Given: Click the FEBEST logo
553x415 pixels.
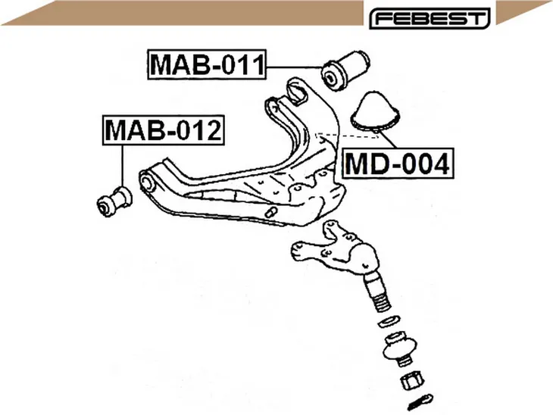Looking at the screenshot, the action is (430, 18).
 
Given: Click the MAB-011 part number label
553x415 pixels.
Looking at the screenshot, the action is (207, 64).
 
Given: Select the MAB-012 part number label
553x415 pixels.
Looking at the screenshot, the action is (164, 130).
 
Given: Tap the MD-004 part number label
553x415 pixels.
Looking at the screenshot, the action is (398, 164).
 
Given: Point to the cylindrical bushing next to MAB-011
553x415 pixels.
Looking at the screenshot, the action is (345, 70).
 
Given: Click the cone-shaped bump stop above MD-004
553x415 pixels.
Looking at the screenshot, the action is (376, 111).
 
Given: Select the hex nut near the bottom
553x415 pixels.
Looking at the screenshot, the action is (411, 380).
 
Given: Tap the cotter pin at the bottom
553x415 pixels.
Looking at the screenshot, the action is (420, 401).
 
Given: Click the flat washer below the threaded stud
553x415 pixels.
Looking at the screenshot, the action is (388, 321).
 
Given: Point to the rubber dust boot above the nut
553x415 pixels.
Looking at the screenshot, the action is (400, 348).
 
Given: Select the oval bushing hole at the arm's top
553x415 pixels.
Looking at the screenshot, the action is (297, 92).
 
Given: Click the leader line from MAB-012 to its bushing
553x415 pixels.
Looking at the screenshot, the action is (123, 165).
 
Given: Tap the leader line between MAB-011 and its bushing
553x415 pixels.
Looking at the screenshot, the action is (295, 67).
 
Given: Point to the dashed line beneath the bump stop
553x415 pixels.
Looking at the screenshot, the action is (348, 136).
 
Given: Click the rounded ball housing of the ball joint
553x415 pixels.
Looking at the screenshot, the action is (364, 256).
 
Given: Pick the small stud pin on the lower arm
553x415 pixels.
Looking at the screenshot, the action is (271, 212).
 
